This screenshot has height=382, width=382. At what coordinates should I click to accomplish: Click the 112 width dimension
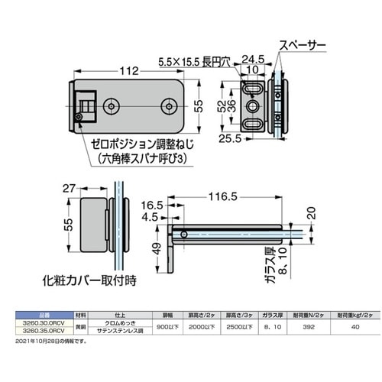pos(129,71)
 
